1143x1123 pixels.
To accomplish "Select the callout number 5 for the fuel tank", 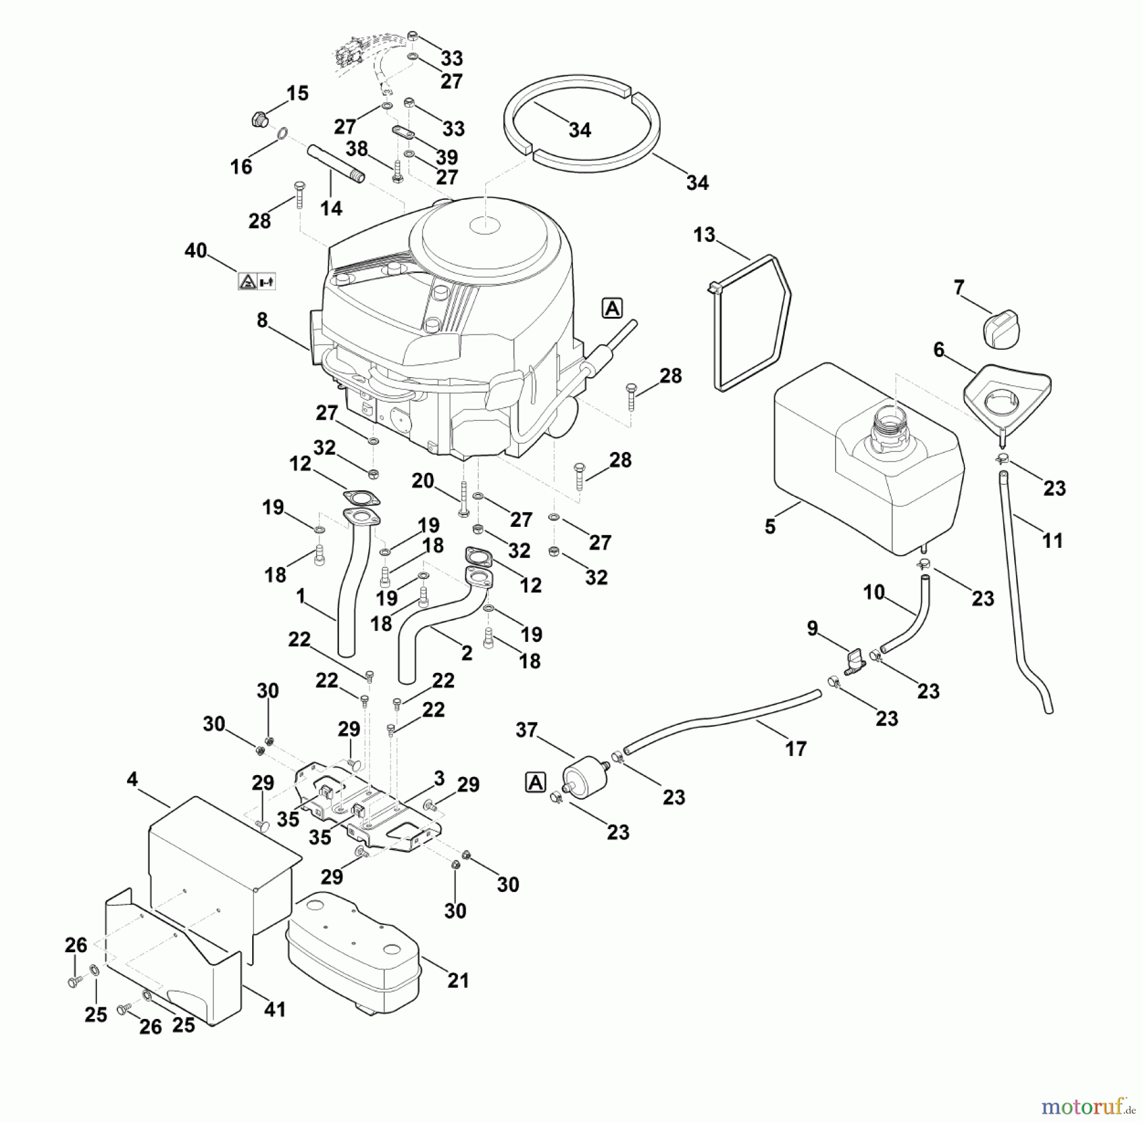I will click(x=770, y=526).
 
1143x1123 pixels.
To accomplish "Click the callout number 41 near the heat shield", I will click(x=274, y=1009).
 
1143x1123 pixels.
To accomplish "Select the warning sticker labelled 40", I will click(x=257, y=281).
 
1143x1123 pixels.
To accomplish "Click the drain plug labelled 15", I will click(x=259, y=119).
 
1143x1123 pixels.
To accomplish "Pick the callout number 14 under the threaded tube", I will click(x=331, y=208).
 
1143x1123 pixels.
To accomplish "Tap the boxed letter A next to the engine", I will click(x=612, y=309).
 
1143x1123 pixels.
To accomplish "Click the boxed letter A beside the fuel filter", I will click(x=536, y=782).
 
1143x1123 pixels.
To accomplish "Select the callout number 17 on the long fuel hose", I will click(x=796, y=749).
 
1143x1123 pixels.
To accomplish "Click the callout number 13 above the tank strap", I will click(x=704, y=235).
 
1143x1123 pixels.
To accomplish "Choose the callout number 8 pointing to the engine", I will click(x=262, y=321).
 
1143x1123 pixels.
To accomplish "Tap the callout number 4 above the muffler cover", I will click(x=132, y=780).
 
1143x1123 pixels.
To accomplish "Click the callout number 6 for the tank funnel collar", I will click(x=939, y=349).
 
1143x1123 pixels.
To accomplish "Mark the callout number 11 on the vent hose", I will click(x=1052, y=540).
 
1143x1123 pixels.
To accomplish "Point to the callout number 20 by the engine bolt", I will click(x=422, y=481).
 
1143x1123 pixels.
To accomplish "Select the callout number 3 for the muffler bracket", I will click(x=439, y=779).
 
